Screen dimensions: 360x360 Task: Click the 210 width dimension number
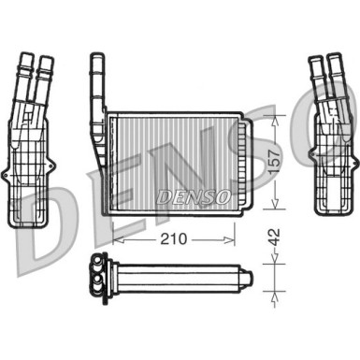[172, 239]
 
